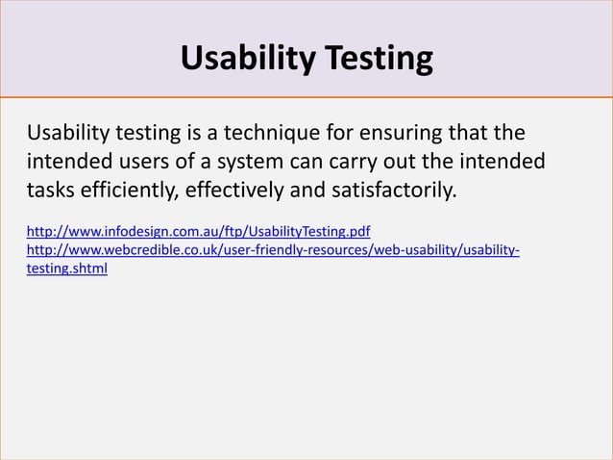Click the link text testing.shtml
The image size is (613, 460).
[x=66, y=269]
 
